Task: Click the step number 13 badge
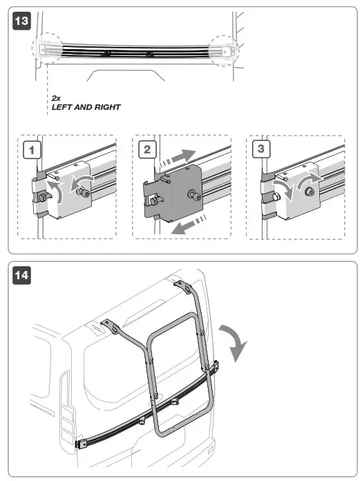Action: pyautogui.click(x=21, y=21)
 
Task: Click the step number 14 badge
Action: pyautogui.click(x=21, y=275)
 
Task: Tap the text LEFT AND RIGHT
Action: pyautogui.click(x=86, y=107)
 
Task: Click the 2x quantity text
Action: pyautogui.click(x=56, y=98)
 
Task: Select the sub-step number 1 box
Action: pyautogui.click(x=32, y=150)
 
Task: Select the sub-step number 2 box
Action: pyautogui.click(x=147, y=149)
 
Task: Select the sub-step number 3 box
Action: pyautogui.click(x=261, y=149)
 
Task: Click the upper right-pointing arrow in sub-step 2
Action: pyautogui.click(x=178, y=158)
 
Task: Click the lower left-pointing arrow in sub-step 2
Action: pyautogui.click(x=189, y=225)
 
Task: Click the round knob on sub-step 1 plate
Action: pyautogui.click(x=83, y=192)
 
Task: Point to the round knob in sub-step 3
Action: pyautogui.click(x=310, y=192)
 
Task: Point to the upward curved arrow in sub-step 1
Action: pyautogui.click(x=56, y=191)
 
